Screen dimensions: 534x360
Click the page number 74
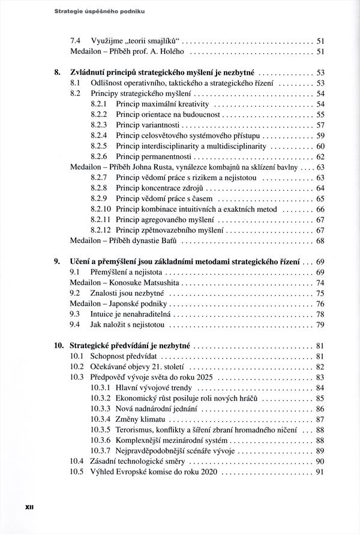[x=320, y=283]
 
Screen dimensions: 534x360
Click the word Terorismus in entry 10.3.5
[x=137, y=430]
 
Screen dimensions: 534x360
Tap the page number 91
[x=320, y=472]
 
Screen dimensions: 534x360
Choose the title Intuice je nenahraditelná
[x=130, y=314]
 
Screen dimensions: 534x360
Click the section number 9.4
[x=76, y=325]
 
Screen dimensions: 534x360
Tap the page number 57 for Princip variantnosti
[x=320, y=125]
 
